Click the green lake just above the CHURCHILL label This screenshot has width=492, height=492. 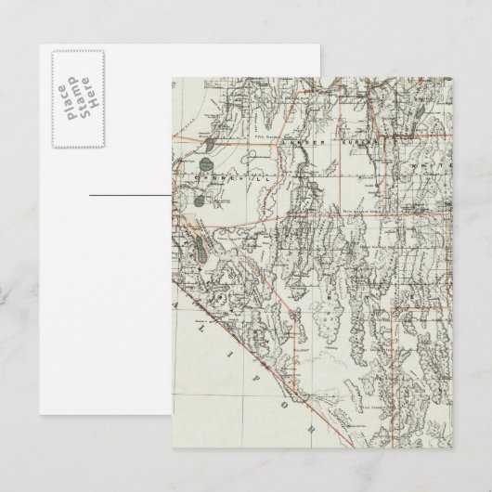[215, 143]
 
